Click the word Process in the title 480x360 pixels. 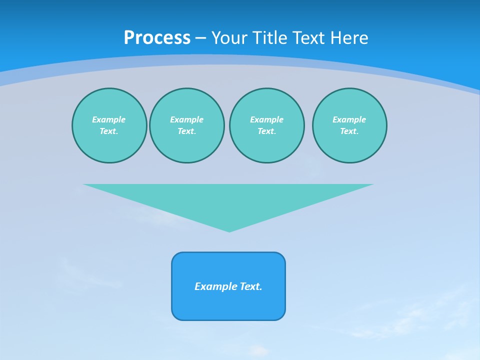[157, 38]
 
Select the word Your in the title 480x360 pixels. [228, 38]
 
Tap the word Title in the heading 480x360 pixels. [269, 38]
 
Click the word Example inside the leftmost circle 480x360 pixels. [109, 119]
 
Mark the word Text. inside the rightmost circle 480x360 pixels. [349, 131]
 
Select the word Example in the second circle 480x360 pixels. [186, 119]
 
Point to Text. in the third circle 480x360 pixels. [266, 131]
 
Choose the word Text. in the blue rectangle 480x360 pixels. [251, 286]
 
